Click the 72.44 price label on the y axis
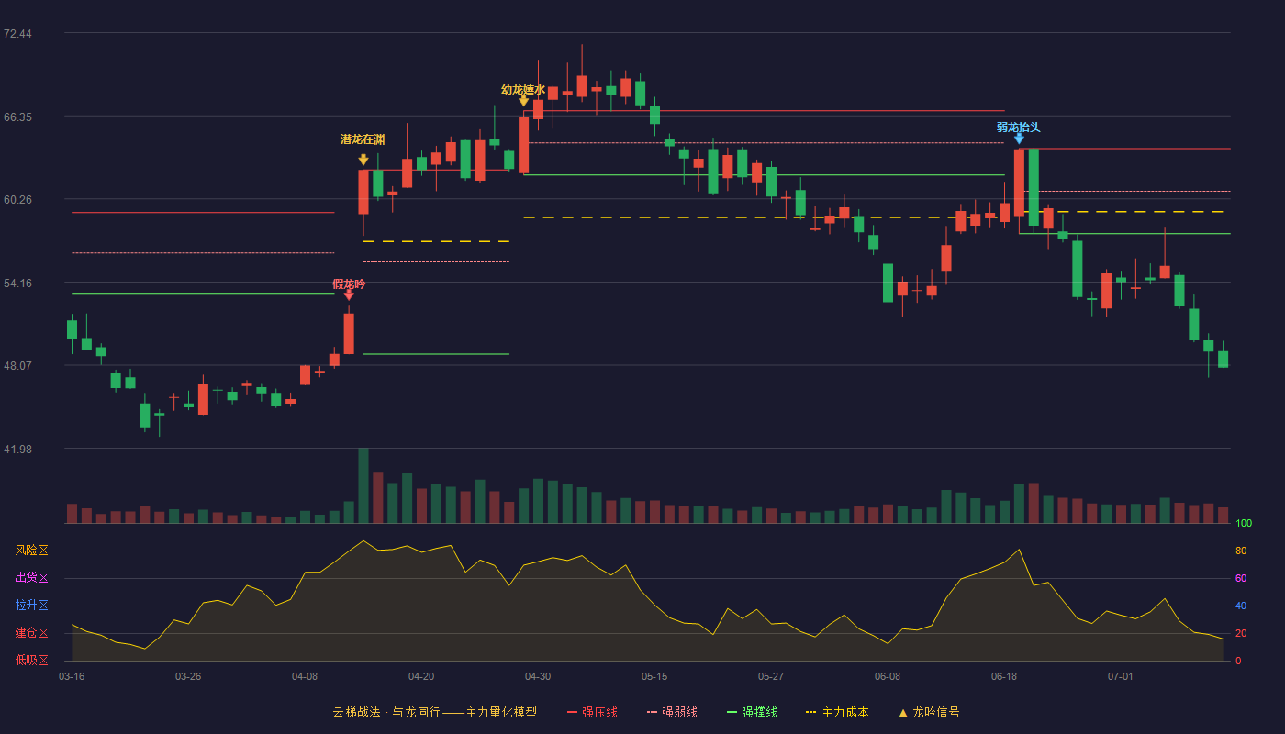(17, 34)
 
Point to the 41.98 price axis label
(17, 449)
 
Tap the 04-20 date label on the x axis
(421, 677)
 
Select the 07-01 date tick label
(1121, 677)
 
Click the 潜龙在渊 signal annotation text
(363, 139)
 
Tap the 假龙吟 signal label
(349, 284)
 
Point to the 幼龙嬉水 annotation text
(523, 90)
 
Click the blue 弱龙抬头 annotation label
(1018, 128)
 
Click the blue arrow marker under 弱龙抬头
(1019, 139)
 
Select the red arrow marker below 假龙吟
(349, 295)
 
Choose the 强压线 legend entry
(592, 712)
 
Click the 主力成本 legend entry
(837, 712)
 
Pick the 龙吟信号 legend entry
(929, 712)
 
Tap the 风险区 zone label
(31, 550)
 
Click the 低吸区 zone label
(31, 661)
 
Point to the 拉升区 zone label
(31, 606)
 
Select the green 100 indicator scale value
(1244, 523)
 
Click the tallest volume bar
(363, 485)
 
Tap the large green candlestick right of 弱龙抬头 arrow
(1034, 187)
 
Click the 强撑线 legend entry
(752, 712)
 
